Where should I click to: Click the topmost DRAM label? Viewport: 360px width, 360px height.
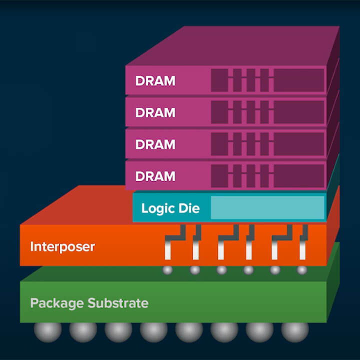click(155, 81)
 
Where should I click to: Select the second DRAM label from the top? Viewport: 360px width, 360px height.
click(155, 112)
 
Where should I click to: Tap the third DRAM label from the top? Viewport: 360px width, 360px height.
click(155, 144)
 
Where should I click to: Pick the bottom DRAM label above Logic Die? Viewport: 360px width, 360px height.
click(155, 176)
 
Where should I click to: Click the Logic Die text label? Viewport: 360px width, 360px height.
click(170, 208)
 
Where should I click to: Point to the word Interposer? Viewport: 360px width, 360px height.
click(62, 246)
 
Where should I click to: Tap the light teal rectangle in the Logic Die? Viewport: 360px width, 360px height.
click(267, 207)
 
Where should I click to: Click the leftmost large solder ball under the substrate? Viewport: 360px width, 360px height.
click(47, 331)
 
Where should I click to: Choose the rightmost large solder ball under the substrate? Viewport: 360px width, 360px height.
click(295, 331)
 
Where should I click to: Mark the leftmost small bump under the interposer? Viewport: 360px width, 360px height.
click(168, 270)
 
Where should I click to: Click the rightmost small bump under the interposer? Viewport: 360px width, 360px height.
click(301, 270)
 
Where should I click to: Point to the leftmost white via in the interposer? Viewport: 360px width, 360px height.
click(168, 247)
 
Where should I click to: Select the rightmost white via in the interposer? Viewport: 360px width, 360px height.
click(302, 247)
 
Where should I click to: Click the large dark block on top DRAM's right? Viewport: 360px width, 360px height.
click(298, 80)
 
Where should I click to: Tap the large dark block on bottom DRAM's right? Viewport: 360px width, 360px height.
click(298, 176)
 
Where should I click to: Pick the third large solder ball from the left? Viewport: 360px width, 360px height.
click(118, 331)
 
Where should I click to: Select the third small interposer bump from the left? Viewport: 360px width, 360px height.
click(221, 270)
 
